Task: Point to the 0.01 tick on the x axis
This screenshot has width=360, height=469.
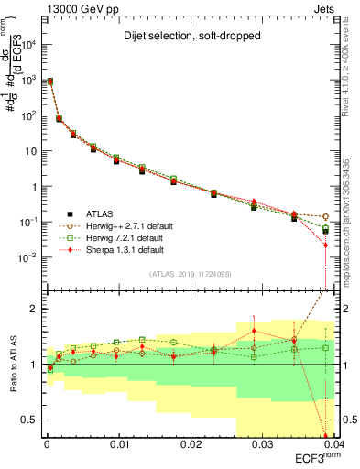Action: [118, 444]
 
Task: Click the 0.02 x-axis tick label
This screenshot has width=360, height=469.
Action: [191, 444]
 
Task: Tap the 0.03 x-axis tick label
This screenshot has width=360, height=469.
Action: [262, 444]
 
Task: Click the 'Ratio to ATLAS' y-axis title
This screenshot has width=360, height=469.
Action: [12, 364]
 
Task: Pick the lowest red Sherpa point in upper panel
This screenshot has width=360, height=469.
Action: [325, 245]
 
